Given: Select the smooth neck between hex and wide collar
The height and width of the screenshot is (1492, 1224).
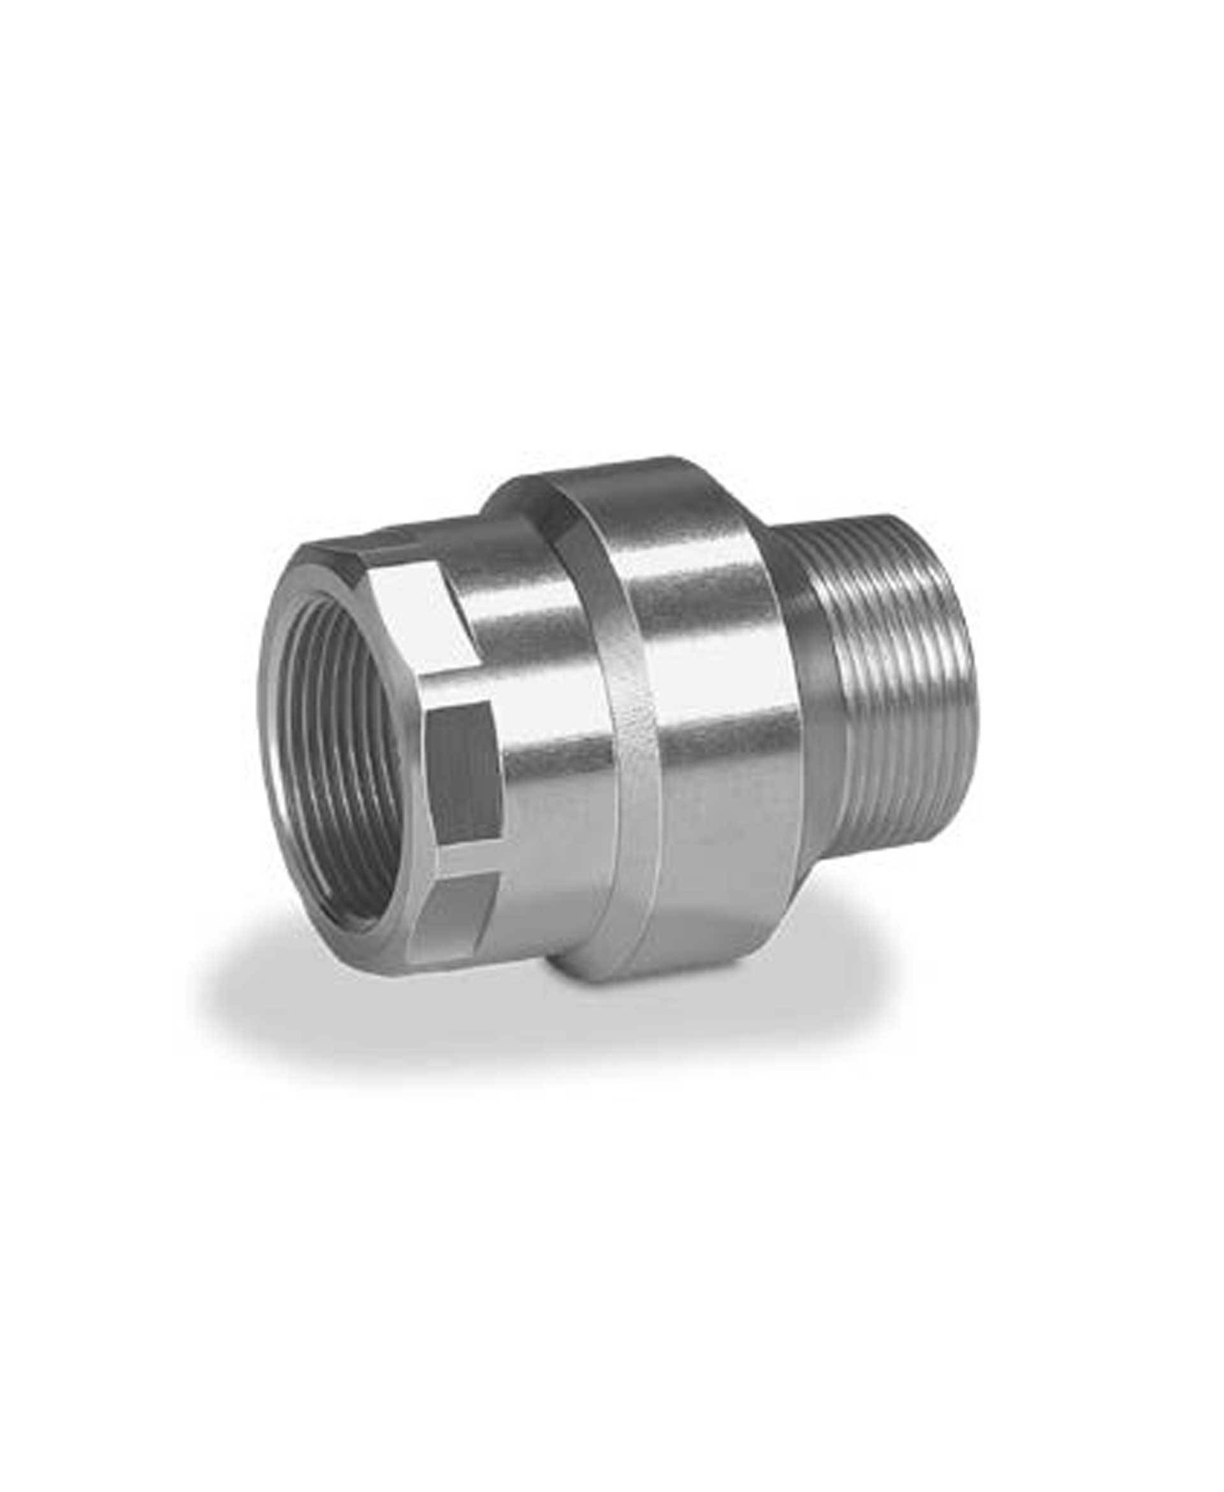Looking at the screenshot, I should point(543,740).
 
